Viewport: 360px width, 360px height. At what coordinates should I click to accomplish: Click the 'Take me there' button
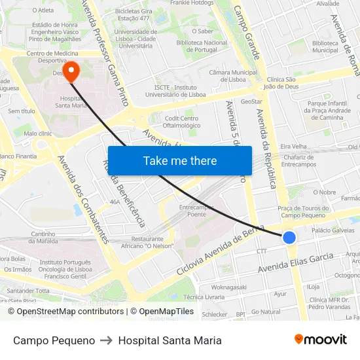pos(179,160)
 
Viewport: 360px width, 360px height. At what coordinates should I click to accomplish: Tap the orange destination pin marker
pos(69,70)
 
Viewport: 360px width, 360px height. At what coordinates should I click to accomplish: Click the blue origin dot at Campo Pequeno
pos(289,238)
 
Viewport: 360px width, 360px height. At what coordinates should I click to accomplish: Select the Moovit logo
pos(320,340)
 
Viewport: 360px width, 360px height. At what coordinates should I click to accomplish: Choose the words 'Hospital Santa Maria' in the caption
pos(170,340)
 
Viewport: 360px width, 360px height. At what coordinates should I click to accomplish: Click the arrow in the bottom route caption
pos(106,340)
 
